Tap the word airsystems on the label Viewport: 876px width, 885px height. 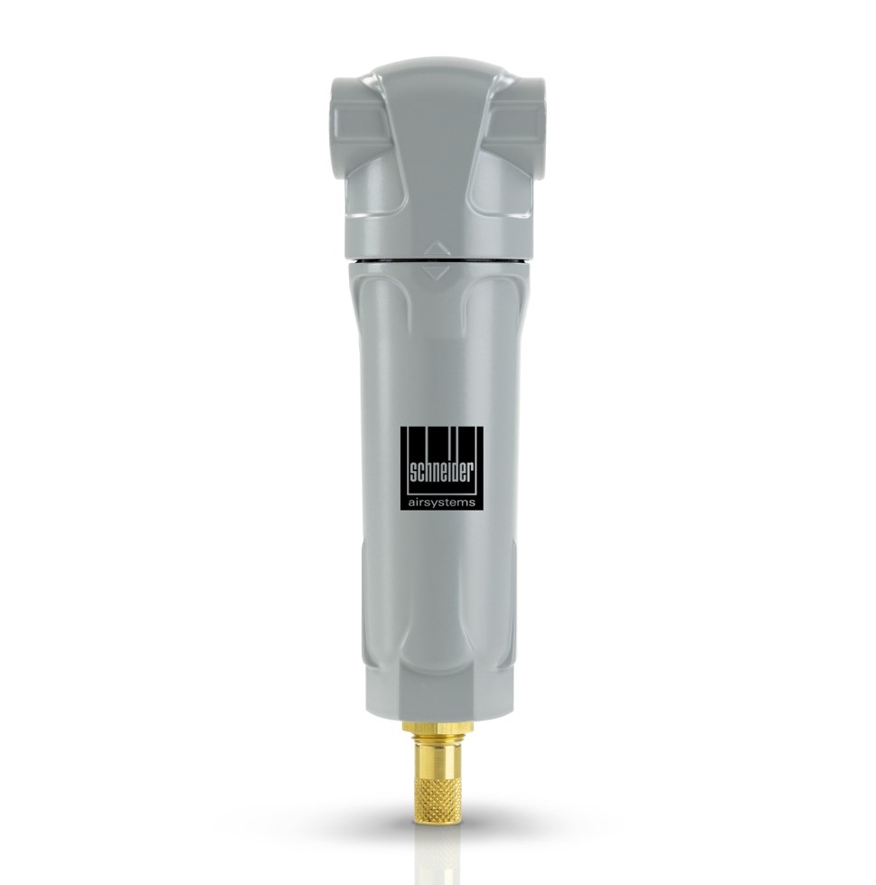click(442, 500)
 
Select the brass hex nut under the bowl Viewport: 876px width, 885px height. click(438, 728)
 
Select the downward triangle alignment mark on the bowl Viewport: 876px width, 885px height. click(438, 272)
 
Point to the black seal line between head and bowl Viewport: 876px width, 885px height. click(438, 259)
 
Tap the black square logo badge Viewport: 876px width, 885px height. click(442, 469)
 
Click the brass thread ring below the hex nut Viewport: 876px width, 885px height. click(438, 739)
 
